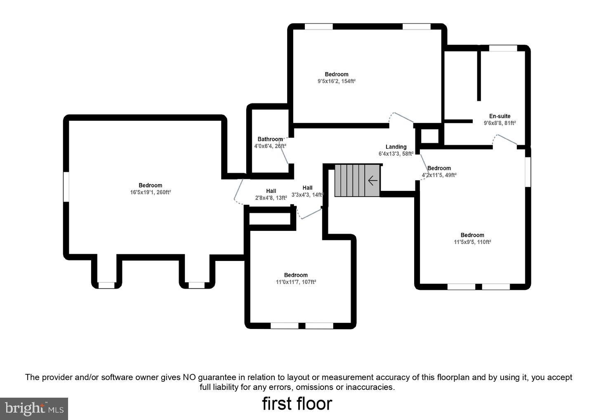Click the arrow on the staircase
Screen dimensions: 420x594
coord(372,181)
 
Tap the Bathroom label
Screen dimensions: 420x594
coord(270,139)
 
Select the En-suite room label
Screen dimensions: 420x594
coord(500,116)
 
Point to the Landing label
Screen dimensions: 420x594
coord(396,147)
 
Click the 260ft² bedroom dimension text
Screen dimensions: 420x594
coord(151,192)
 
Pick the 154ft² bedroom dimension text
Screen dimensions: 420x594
coord(336,81)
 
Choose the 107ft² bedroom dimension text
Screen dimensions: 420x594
coord(296,282)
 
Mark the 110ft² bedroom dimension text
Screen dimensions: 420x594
coord(472,242)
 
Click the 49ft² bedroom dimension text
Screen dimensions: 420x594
coord(439,175)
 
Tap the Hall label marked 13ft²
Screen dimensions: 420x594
coord(271,191)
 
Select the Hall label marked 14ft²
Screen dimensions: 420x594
coord(307,188)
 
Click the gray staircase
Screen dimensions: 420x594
coord(356,181)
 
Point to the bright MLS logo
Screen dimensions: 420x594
coord(34,408)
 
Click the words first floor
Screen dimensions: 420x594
coord(297,404)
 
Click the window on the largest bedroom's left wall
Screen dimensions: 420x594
coord(66,187)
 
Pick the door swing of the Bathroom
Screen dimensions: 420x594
coord(284,152)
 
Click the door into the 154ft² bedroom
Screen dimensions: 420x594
coord(401,117)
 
